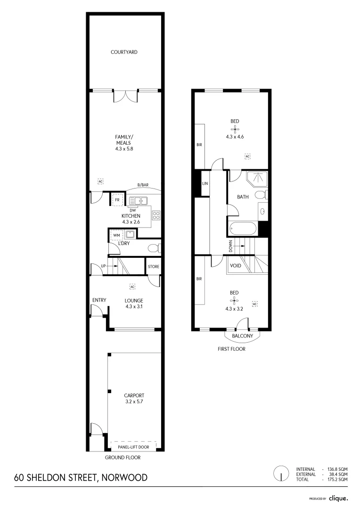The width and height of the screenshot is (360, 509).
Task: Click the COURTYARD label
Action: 124,52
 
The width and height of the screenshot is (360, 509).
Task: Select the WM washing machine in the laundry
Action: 116,234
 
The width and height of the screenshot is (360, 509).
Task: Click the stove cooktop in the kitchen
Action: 156,216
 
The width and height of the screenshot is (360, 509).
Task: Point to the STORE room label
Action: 154,267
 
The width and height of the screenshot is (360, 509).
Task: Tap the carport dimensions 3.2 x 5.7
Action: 133,402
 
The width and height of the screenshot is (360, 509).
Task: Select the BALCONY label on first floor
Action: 243,336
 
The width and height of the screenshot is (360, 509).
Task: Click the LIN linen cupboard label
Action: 205,183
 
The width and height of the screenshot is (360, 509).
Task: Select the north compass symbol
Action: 281,474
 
